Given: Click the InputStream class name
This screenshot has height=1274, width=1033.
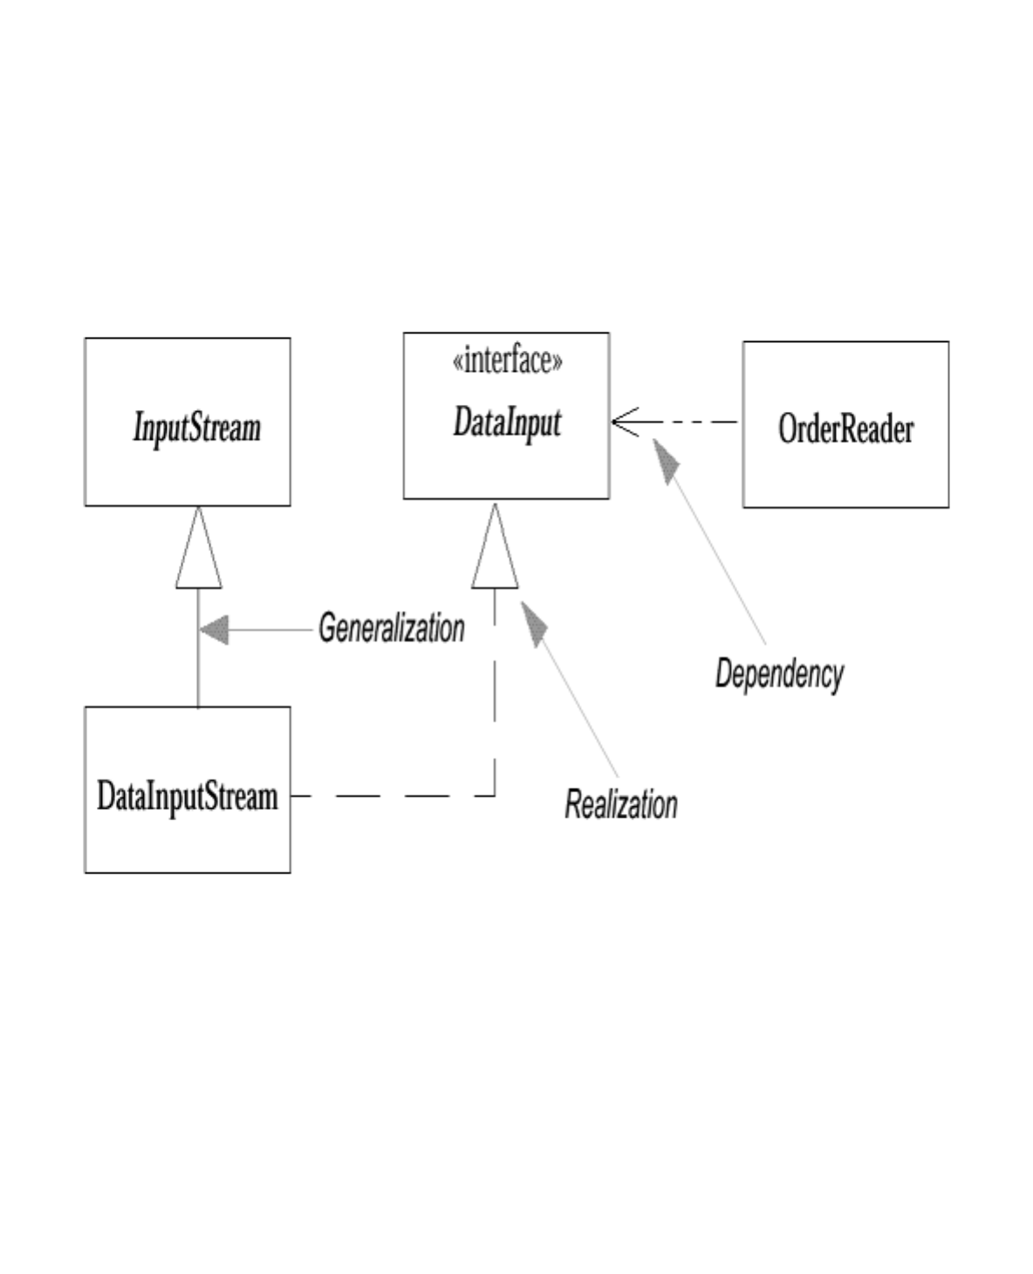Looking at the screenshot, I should [196, 428].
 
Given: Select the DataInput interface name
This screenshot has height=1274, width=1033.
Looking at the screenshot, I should [507, 423].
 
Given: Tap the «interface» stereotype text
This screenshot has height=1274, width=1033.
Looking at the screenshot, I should [507, 360].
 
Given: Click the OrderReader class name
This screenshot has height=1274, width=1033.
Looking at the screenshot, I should [845, 428].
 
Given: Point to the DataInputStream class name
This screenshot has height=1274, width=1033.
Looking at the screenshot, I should [187, 797].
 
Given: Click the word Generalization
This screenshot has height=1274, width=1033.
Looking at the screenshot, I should [391, 628].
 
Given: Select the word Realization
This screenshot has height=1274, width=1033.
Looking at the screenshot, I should [620, 804].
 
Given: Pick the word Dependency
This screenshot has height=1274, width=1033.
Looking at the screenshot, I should [779, 674].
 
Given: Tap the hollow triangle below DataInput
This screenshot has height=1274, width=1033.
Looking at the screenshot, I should [495, 552].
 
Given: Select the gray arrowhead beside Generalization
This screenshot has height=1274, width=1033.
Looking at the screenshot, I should [214, 628].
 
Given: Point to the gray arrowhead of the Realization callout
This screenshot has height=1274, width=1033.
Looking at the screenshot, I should [533, 623].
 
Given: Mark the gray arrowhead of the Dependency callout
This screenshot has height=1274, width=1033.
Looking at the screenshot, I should [666, 460].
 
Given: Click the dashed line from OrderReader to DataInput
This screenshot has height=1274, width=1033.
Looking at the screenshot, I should [698, 422].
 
